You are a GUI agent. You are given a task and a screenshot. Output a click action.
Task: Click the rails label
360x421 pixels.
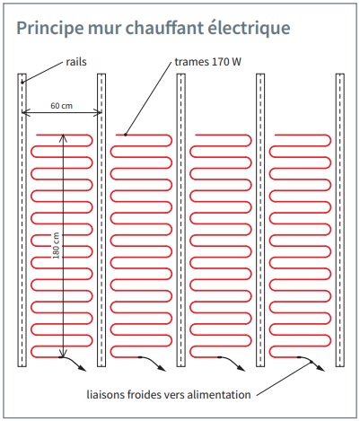coord(76,62)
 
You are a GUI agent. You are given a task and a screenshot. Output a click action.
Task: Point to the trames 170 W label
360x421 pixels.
coord(207,62)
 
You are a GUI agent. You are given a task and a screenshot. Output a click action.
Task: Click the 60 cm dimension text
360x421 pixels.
coord(61,106)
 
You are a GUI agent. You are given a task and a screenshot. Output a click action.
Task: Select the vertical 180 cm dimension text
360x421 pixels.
coord(57,246)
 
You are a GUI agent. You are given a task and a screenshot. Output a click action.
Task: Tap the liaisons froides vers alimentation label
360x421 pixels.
coord(169,394)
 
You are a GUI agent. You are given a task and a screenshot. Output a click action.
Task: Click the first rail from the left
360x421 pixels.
coord(22,220)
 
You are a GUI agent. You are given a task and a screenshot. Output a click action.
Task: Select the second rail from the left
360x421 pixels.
coord(101,220)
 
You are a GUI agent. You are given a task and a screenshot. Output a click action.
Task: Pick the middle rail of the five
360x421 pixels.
coord(181,220)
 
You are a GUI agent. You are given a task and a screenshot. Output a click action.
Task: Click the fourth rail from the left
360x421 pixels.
coord(260,220)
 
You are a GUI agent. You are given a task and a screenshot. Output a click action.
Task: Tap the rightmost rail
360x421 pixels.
coord(340,220)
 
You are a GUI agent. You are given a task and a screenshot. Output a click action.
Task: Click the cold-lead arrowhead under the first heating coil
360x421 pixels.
coord(83,368)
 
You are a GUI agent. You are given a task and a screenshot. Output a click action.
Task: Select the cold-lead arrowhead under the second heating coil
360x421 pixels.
coord(162,368)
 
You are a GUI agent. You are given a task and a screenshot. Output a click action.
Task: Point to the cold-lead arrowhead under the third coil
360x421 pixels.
coord(241,368)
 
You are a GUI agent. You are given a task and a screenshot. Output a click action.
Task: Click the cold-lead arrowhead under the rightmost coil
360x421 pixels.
coord(320,368)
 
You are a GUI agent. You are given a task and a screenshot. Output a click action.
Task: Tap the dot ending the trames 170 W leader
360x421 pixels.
coord(126,135)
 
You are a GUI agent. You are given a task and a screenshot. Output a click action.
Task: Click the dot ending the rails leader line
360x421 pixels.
coord(22,83)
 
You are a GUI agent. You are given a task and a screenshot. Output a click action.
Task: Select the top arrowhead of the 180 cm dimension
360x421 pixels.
coord(63,138)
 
